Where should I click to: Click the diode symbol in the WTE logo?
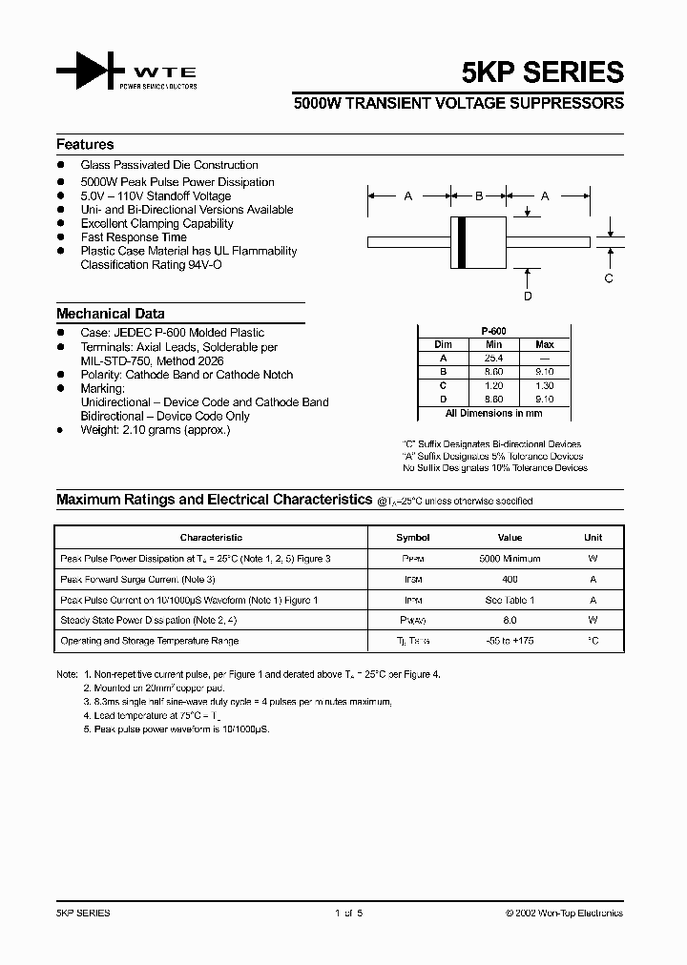click(x=92, y=72)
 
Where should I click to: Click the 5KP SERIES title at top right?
click(x=556, y=72)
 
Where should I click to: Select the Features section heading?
click(x=85, y=145)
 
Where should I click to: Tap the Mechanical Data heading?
click(x=110, y=314)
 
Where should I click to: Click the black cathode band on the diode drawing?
click(x=462, y=242)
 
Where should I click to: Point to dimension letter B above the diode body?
click(x=479, y=196)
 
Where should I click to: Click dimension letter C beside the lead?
click(x=609, y=278)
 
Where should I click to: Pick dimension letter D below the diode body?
click(x=528, y=296)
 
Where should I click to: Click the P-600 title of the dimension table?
click(x=493, y=330)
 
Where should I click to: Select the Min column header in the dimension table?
click(x=493, y=344)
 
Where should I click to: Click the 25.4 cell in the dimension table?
click(x=493, y=358)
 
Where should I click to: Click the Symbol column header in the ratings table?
click(x=413, y=538)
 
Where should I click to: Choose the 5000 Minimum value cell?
click(x=510, y=559)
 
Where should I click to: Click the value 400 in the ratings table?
click(x=510, y=580)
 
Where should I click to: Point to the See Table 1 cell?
click(x=510, y=600)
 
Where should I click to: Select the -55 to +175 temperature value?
click(x=510, y=641)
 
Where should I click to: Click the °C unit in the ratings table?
click(x=593, y=641)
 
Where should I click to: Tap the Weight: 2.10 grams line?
click(x=156, y=430)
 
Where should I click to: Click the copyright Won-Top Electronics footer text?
click(x=564, y=914)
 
